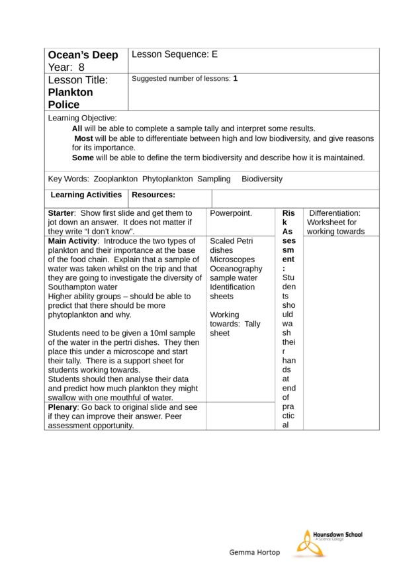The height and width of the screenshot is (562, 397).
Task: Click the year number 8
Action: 82,67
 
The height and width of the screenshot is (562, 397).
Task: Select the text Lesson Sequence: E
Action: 175,55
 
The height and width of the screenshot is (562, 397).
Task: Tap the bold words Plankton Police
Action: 70,99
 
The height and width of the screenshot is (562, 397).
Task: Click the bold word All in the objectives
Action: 77,128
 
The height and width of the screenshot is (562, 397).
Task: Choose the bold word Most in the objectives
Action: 83,138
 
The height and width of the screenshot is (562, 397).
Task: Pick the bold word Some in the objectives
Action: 83,158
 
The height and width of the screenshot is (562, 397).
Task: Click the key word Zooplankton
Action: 116,179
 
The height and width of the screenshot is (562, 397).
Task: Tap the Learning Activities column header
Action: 86,195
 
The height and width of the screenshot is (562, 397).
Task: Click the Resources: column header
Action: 154,195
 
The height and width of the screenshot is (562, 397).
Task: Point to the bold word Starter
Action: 62,214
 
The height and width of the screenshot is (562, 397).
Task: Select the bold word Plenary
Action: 64,407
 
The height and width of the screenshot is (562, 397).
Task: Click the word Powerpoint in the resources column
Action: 230,214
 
